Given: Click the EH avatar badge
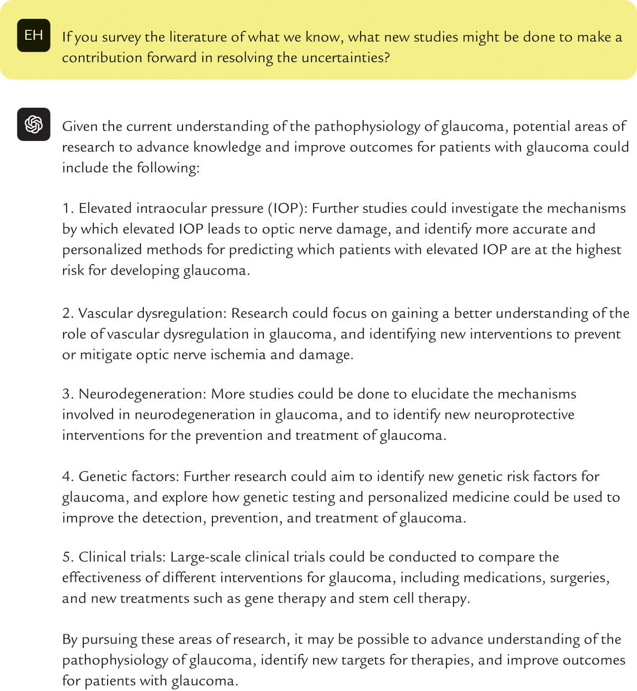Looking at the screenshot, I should pos(34,35).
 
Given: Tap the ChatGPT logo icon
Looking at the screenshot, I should pos(34,124).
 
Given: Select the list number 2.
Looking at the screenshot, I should pos(67,313).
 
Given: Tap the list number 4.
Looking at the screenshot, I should pos(68,477).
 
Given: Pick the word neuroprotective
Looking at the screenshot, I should pos(524,415).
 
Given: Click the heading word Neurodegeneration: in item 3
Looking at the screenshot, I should pos(142,394).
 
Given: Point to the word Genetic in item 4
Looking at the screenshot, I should pos(103,477).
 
